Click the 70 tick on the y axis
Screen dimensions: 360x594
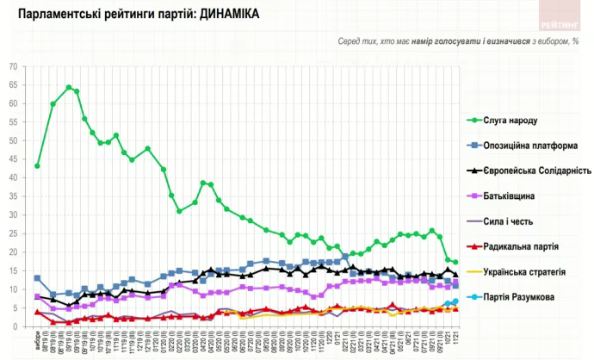(x=13, y=66)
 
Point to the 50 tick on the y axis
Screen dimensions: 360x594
(x=13, y=140)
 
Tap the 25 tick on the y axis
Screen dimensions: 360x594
(x=13, y=233)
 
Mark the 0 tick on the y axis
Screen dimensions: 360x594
(x=15, y=326)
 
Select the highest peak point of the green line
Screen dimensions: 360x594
(x=69, y=87)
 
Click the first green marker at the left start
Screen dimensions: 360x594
(x=37, y=165)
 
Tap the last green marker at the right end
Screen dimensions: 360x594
(x=455, y=262)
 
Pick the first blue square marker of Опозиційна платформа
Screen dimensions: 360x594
(x=37, y=278)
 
